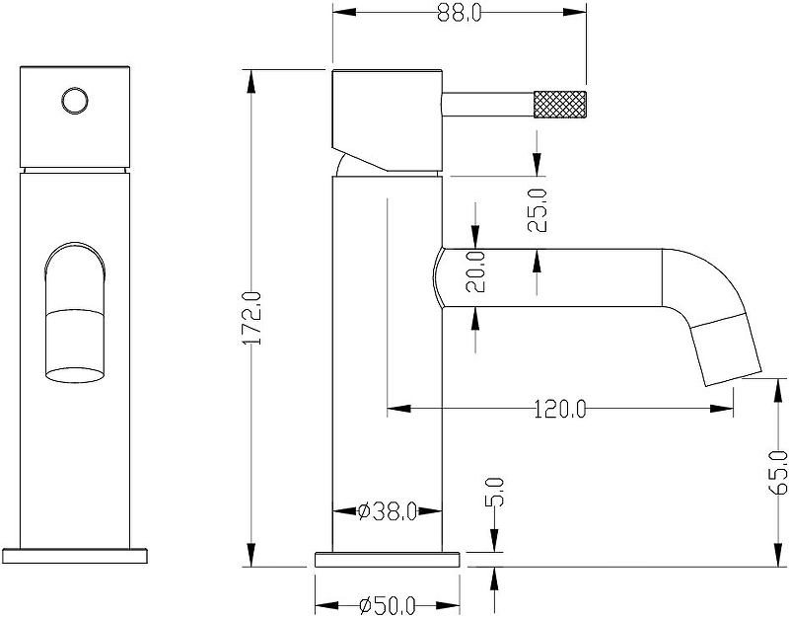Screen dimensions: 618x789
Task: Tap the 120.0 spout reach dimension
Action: pyautogui.click(x=560, y=407)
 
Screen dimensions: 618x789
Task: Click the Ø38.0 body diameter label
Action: pyautogui.click(x=388, y=511)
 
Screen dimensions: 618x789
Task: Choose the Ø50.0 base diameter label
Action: pyautogui.click(x=387, y=605)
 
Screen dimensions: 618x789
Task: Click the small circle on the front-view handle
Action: pyautogui.click(x=74, y=100)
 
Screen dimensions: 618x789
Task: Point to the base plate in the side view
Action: pyautogui.click(x=388, y=559)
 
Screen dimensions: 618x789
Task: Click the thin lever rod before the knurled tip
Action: pyautogui.click(x=487, y=103)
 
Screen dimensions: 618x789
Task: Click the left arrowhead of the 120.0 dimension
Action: pyautogui.click(x=393, y=407)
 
